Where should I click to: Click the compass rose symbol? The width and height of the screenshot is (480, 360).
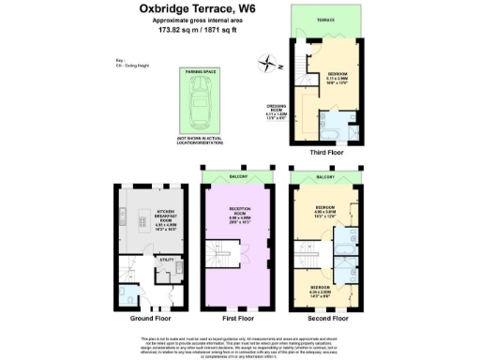[x=268, y=65]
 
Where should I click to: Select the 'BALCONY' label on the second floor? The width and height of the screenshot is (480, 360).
[x=324, y=175]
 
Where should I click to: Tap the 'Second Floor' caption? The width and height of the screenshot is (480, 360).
[x=324, y=319]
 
